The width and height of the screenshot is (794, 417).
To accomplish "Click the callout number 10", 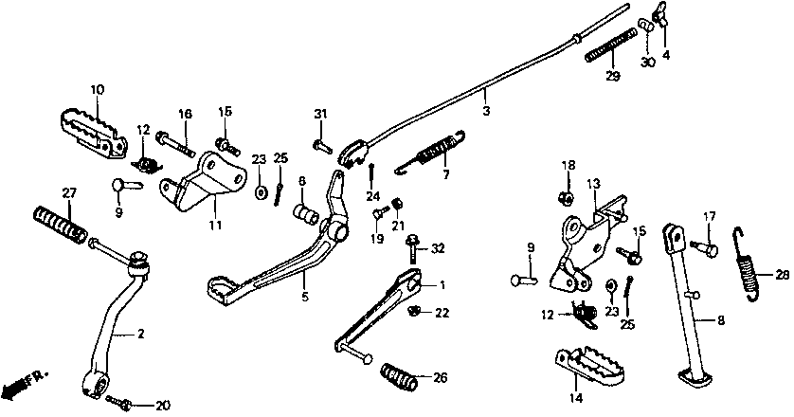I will (97, 90).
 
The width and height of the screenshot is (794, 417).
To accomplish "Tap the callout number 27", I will (67, 192).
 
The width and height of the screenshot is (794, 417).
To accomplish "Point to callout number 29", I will (613, 76).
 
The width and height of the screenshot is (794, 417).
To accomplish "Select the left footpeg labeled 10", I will (92, 129).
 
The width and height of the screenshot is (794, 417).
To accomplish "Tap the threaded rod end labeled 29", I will (609, 45).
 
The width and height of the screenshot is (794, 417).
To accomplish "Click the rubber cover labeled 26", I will (401, 376).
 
